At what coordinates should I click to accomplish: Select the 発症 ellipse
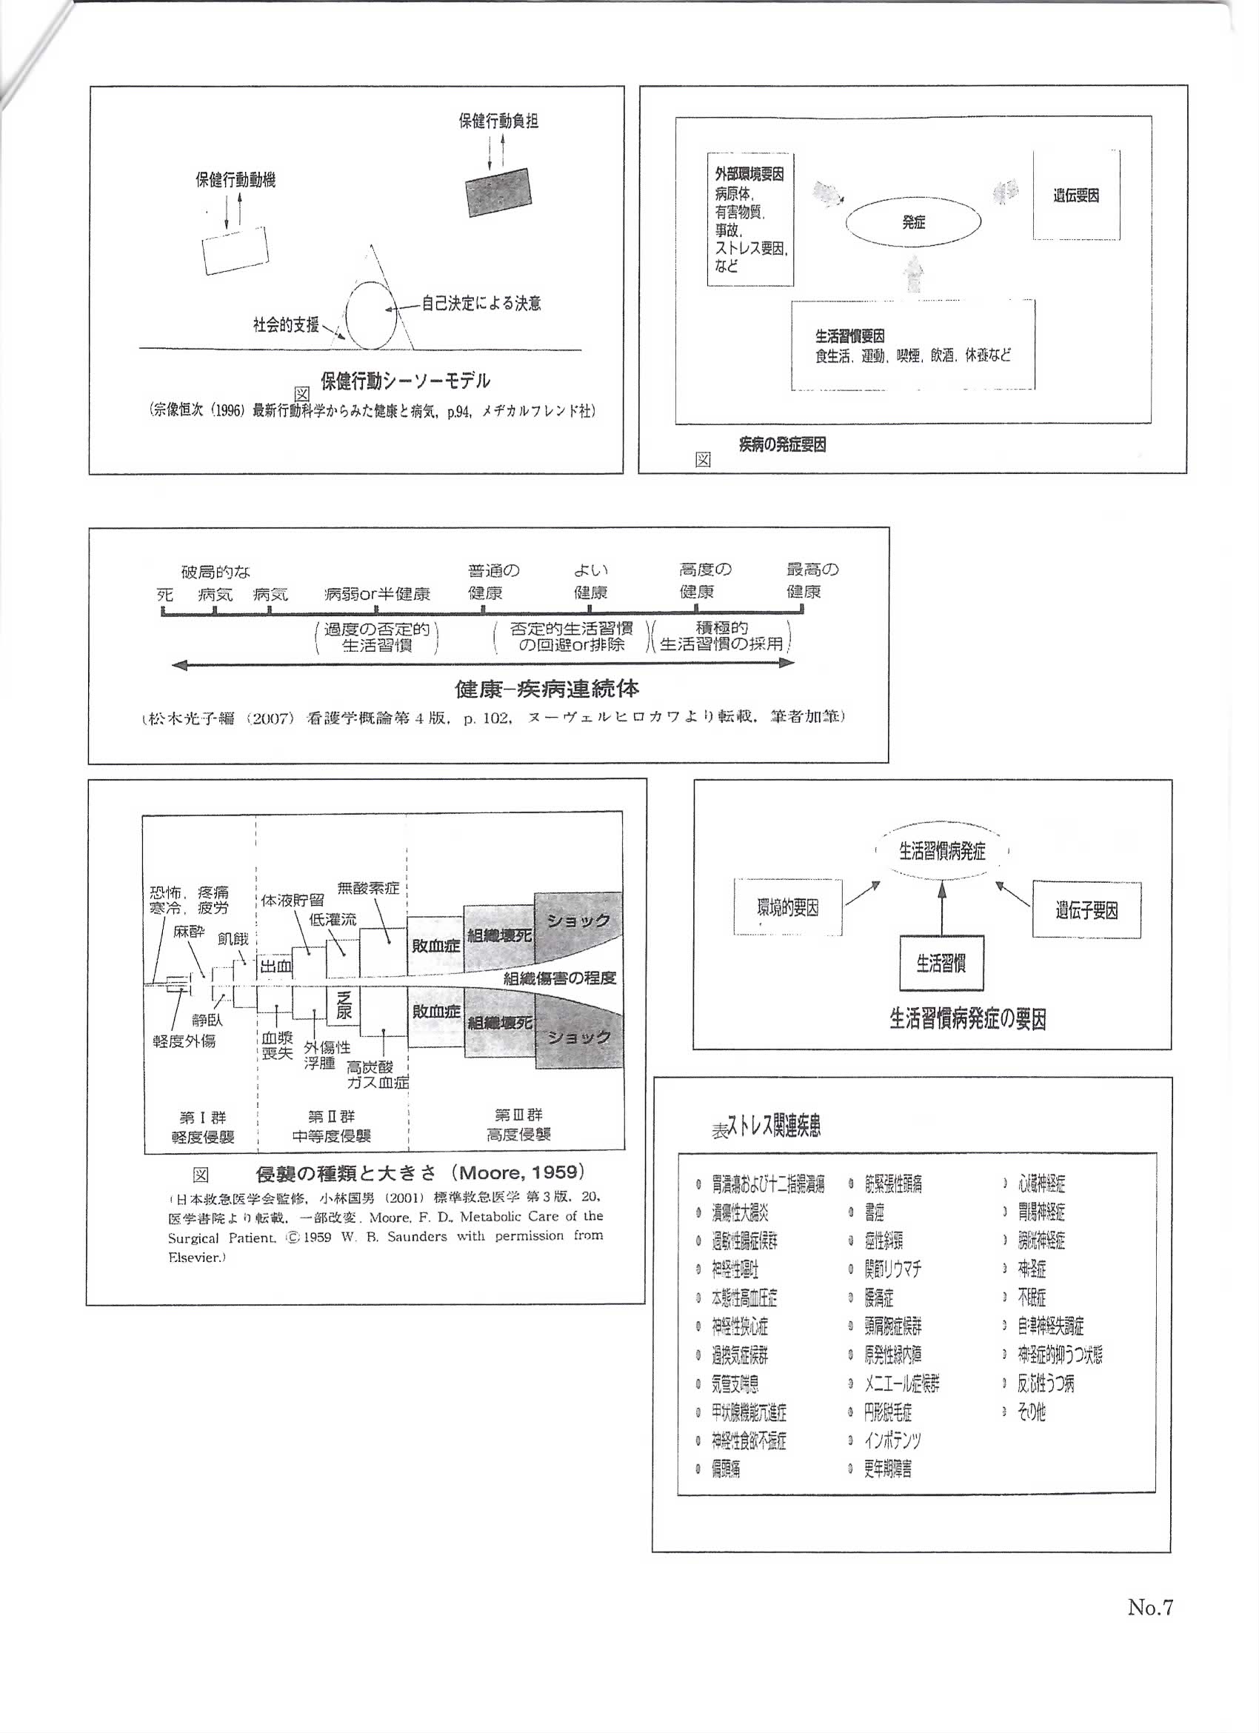[913, 222]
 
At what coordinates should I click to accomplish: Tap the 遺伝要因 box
[1075, 196]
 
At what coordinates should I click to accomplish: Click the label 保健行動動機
[236, 180]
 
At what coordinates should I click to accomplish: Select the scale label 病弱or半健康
[377, 594]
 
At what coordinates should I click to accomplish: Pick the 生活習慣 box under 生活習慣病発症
[941, 963]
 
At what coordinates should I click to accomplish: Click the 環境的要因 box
[788, 908]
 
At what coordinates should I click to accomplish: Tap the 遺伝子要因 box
[1086, 910]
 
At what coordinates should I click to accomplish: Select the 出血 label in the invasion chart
[275, 966]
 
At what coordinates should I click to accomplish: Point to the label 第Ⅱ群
[332, 1117]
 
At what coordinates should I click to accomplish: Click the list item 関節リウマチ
[892, 1269]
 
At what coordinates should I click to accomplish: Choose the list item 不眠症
[1032, 1298]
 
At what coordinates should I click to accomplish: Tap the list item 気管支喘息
[735, 1383]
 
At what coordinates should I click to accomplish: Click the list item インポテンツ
[892, 1440]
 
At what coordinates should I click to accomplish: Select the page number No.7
[1149, 1607]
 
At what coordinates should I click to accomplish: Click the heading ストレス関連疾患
[773, 1126]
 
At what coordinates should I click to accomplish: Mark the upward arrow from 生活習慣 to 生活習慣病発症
[941, 909]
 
